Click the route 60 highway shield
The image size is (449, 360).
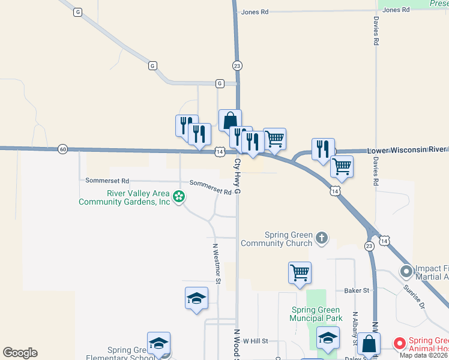point(62,149)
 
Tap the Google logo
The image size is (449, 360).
point(20,353)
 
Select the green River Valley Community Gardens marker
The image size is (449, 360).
point(178,196)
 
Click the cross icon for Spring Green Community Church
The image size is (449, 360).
point(322,238)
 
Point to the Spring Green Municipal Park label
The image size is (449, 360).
point(316,314)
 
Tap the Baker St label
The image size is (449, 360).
point(356,290)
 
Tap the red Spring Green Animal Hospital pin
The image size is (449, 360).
point(399,343)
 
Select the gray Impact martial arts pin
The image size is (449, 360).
point(407,272)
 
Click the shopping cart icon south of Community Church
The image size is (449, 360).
point(300,272)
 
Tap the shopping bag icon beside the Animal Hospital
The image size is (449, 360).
point(369,344)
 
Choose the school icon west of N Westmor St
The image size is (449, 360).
point(196,298)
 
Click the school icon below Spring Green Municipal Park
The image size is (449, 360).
point(328,338)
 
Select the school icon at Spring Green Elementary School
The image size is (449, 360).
point(158,343)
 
